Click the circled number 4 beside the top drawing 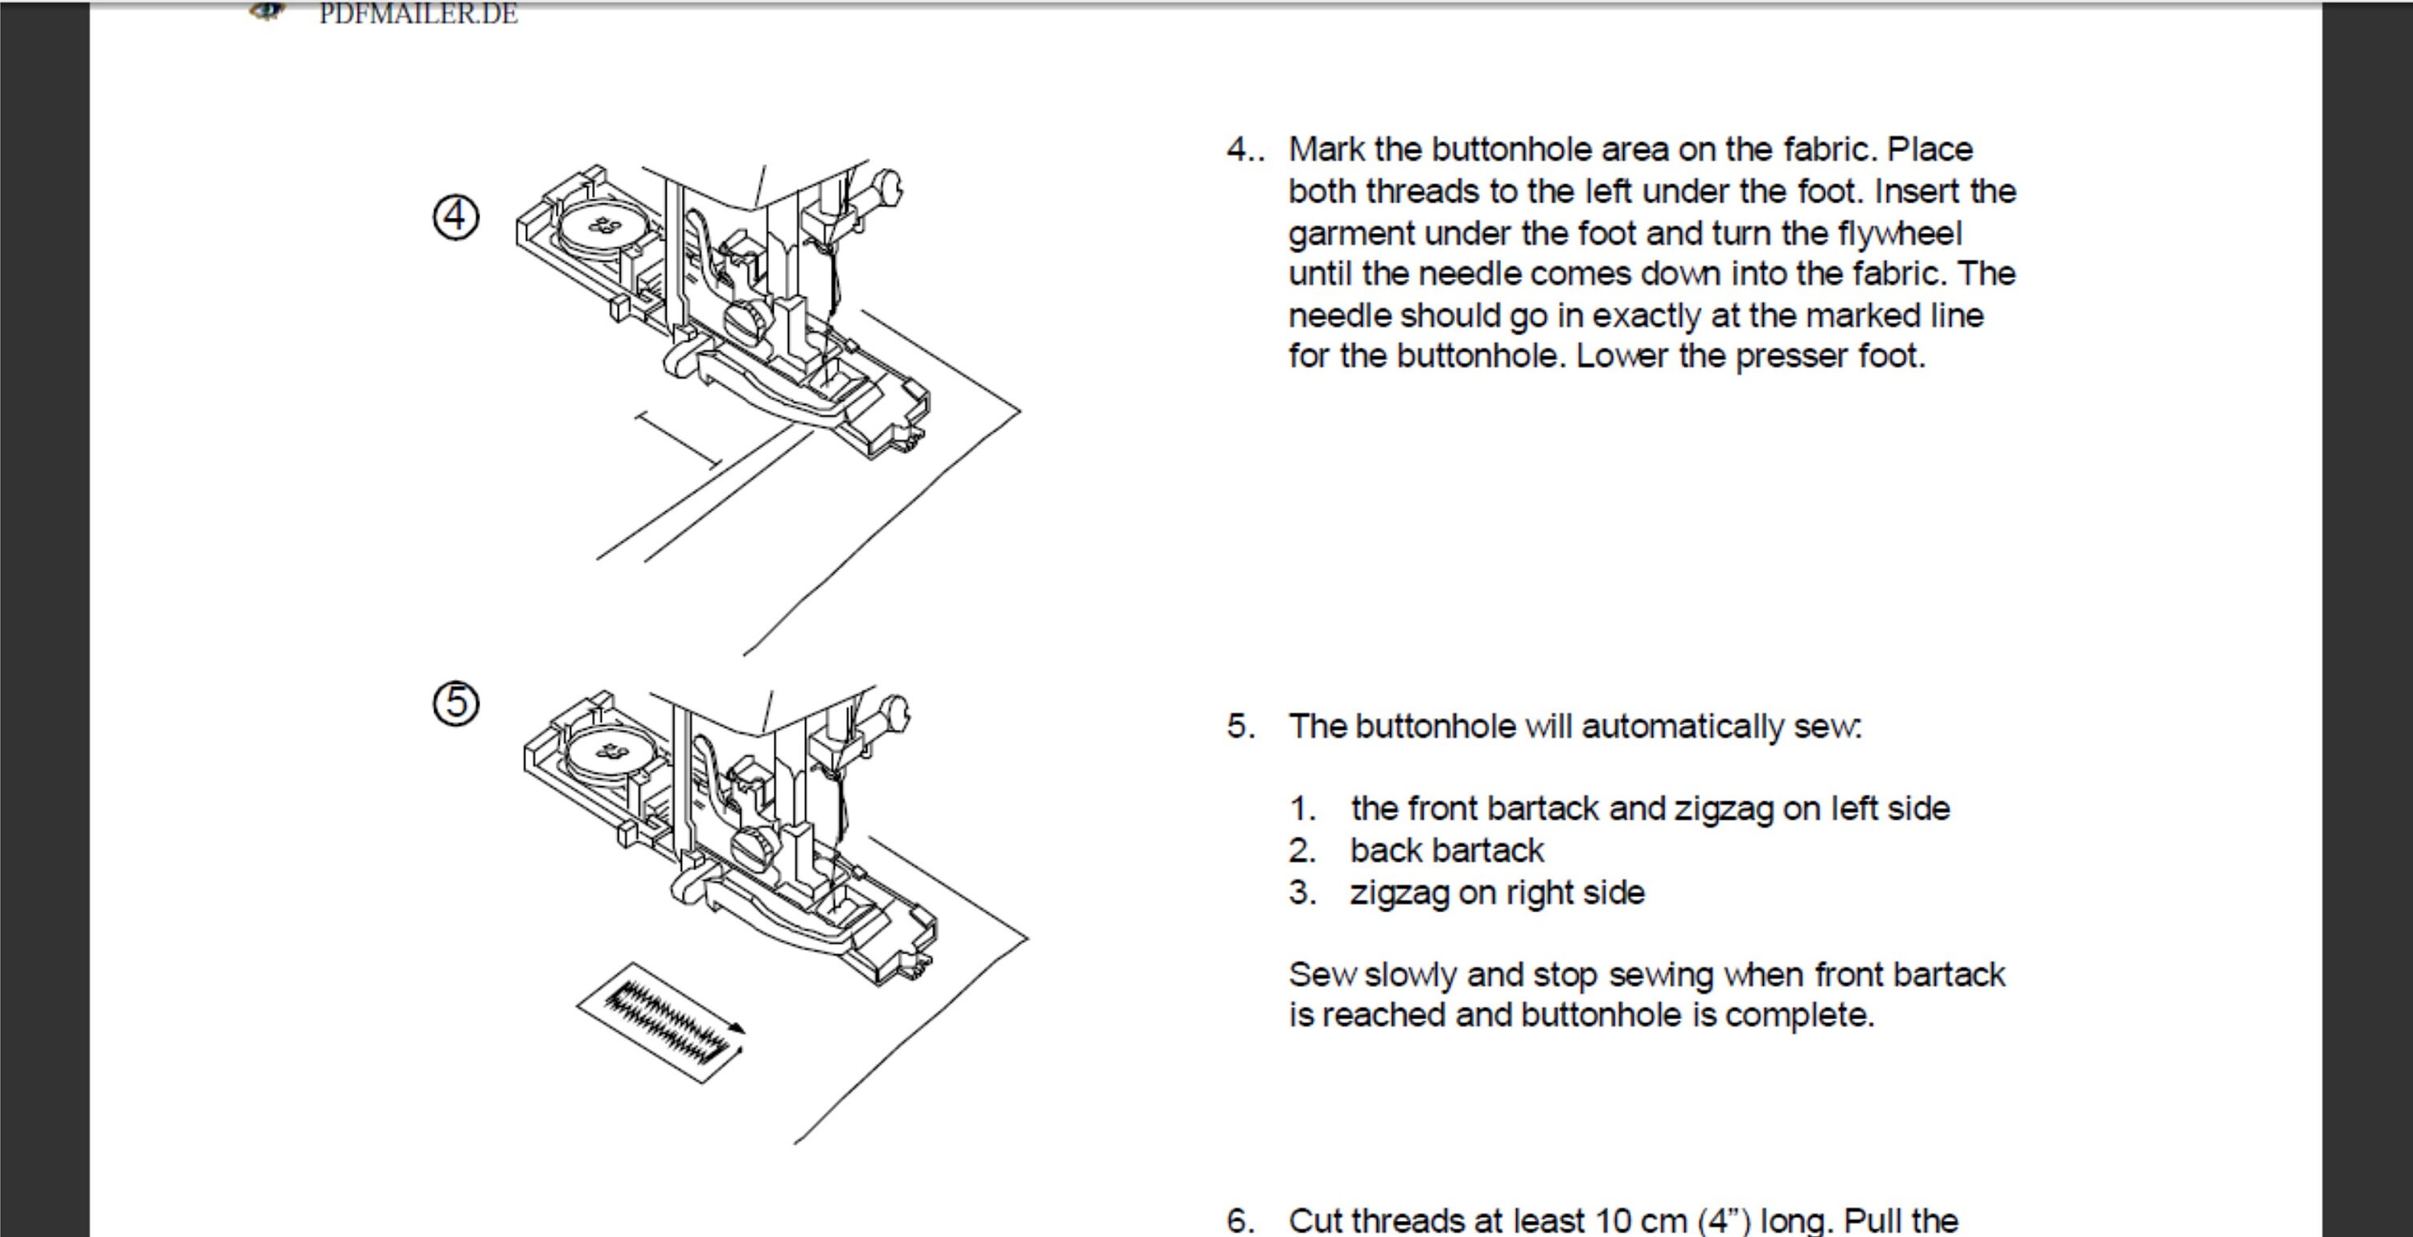[455, 217]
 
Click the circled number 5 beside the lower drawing [455, 703]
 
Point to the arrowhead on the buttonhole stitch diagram [738, 1029]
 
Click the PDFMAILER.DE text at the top [417, 14]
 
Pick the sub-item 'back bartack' [1446, 850]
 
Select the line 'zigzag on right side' [1496, 892]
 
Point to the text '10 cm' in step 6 [1640, 1220]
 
